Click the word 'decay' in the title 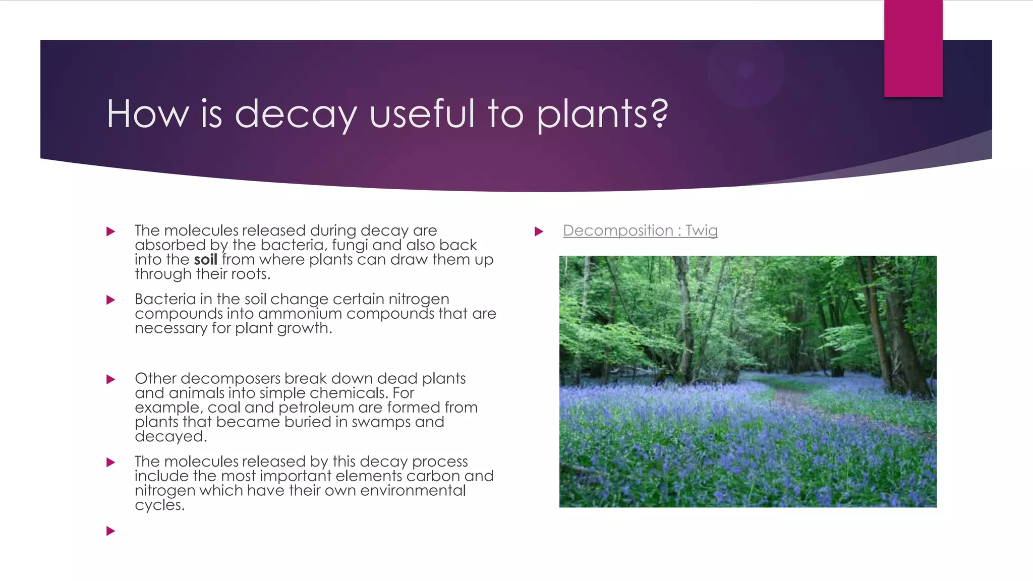296,114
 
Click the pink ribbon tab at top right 913,48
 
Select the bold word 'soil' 205,260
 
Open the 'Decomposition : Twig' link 640,230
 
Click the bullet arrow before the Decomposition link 539,231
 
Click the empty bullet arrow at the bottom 111,531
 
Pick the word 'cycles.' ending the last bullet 159,505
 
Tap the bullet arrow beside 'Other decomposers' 111,379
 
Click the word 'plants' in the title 592,114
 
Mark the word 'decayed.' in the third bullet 170,437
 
